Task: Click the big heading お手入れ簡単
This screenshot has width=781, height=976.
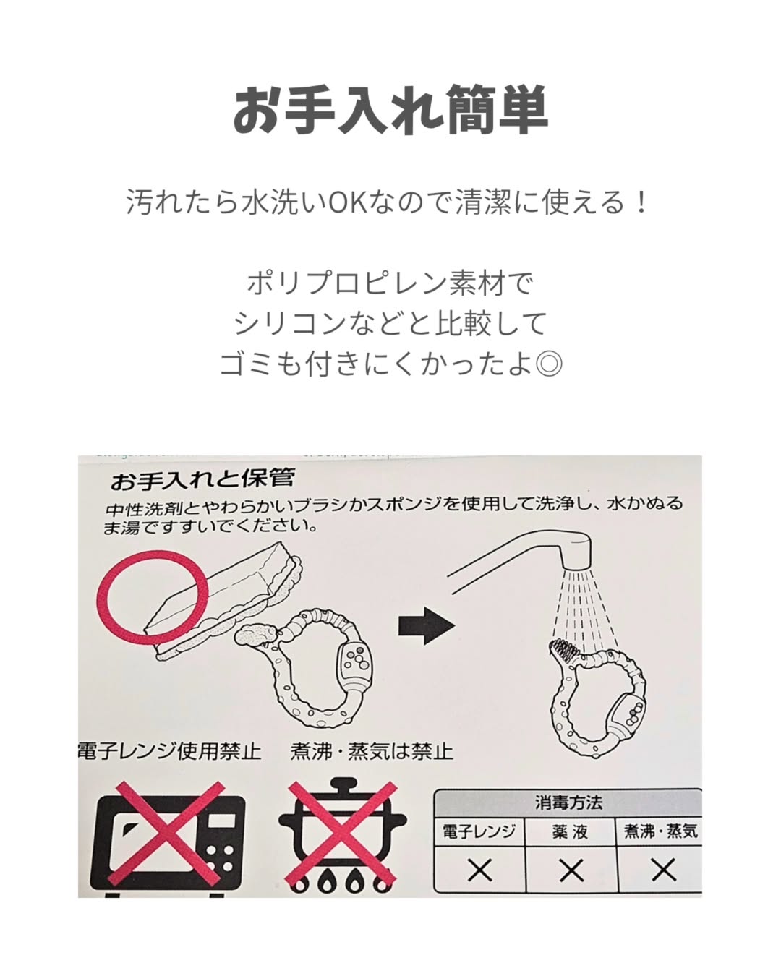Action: point(390,109)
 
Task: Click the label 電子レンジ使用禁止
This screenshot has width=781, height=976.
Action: point(170,751)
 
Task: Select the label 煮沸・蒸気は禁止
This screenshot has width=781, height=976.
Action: point(372,751)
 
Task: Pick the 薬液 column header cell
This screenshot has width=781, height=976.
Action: point(571,832)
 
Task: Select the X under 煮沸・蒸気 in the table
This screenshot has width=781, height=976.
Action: point(663,870)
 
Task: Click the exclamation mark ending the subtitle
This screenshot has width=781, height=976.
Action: point(641,202)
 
